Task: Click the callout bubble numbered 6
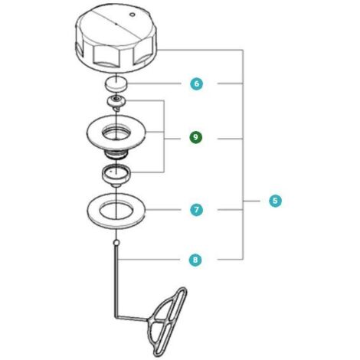pyautogui.click(x=196, y=83)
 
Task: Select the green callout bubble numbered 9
pyautogui.click(x=195, y=137)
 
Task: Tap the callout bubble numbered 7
pyautogui.click(x=196, y=210)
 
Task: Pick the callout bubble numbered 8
pyautogui.click(x=195, y=260)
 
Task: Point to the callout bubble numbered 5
pyautogui.click(x=275, y=201)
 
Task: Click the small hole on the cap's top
pyautogui.click(x=132, y=15)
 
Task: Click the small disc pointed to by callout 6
pyautogui.click(x=116, y=84)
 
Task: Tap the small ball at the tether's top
pyautogui.click(x=116, y=242)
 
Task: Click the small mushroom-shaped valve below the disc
pyautogui.click(x=116, y=101)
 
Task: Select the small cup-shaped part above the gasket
pyautogui.click(x=116, y=177)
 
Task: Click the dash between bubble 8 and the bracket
pyautogui.click(x=229, y=260)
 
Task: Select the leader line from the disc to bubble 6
pyautogui.click(x=154, y=83)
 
